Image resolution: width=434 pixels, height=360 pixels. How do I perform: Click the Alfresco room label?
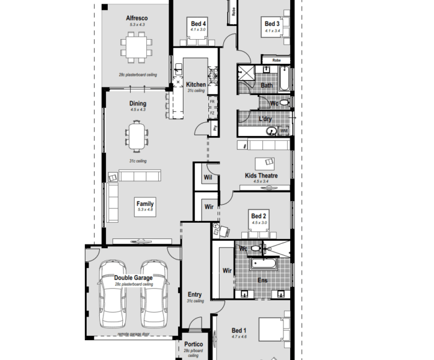pyautogui.click(x=136, y=18)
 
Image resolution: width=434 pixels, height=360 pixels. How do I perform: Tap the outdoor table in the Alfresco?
pyautogui.click(x=136, y=48)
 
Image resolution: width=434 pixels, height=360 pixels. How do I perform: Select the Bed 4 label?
pyautogui.click(x=198, y=23)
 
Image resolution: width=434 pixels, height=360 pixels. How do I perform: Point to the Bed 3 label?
pyautogui.click(x=272, y=24)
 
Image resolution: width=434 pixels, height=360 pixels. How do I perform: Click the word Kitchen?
pyautogui.click(x=196, y=84)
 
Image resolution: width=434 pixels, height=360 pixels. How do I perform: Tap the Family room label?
pyautogui.click(x=145, y=204)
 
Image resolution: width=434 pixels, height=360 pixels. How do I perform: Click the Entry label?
pyautogui.click(x=195, y=295)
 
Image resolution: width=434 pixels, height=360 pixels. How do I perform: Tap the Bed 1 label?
pyautogui.click(x=239, y=330)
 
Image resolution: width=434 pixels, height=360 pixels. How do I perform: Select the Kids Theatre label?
pyautogui.click(x=261, y=176)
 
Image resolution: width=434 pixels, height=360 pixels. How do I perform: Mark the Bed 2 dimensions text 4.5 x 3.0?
pyautogui.click(x=259, y=222)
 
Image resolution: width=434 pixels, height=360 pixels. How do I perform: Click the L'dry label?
pyautogui.click(x=266, y=118)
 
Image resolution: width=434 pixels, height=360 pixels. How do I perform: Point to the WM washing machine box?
pyautogui.click(x=284, y=131)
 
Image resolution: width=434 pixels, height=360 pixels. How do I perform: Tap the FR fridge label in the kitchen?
pyautogui.click(x=212, y=101)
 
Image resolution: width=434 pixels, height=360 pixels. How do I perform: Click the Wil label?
pyautogui.click(x=208, y=176)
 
